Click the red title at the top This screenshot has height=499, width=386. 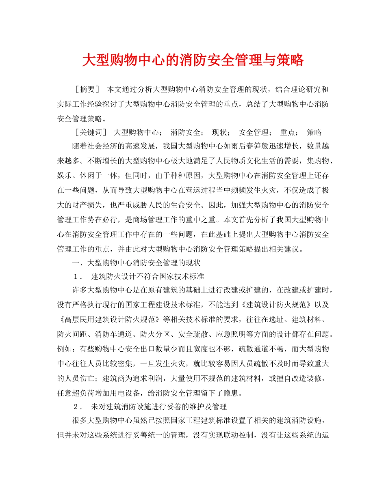point(193,61)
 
